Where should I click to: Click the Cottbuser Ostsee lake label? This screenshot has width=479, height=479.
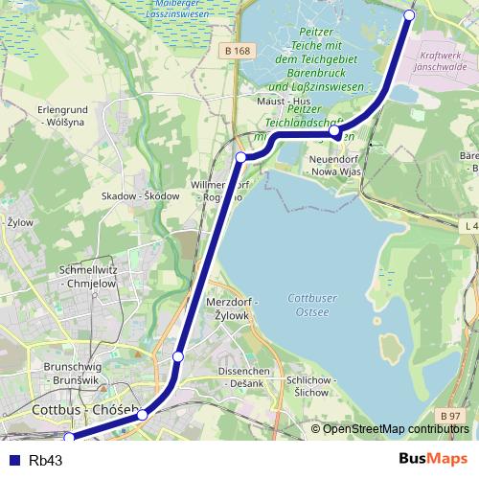pyautogui.click(x=312, y=304)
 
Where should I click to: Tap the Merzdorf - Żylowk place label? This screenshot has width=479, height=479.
pyautogui.click(x=228, y=309)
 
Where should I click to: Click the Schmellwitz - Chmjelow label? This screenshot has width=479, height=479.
pyautogui.click(x=89, y=276)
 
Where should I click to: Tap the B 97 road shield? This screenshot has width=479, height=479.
pyautogui.click(x=451, y=414)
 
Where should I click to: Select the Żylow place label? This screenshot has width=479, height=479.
pyautogui.click(x=19, y=222)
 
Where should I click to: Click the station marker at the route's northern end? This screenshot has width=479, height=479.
pyautogui.click(x=410, y=15)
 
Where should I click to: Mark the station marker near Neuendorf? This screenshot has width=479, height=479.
pyautogui.click(x=334, y=130)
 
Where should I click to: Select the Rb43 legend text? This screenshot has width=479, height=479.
pyautogui.click(x=45, y=460)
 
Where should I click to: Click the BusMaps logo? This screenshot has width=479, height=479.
pyautogui.click(x=433, y=459)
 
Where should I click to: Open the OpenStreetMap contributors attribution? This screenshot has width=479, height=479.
pyautogui.click(x=396, y=429)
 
